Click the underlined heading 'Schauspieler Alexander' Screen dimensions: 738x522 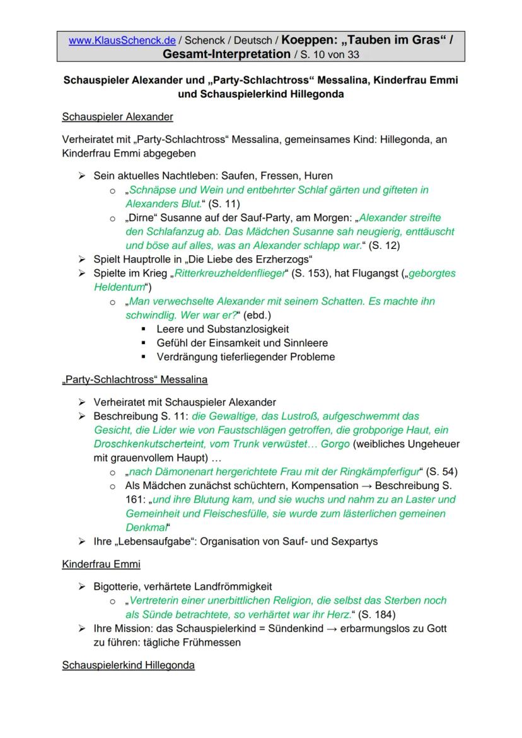[x=117, y=117]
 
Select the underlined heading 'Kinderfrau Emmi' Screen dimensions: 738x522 [x=101, y=564]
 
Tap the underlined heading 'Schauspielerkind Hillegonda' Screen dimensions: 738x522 [x=128, y=666]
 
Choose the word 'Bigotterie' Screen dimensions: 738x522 [x=119, y=587]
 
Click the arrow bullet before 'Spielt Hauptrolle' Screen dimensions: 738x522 [x=81, y=260]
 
